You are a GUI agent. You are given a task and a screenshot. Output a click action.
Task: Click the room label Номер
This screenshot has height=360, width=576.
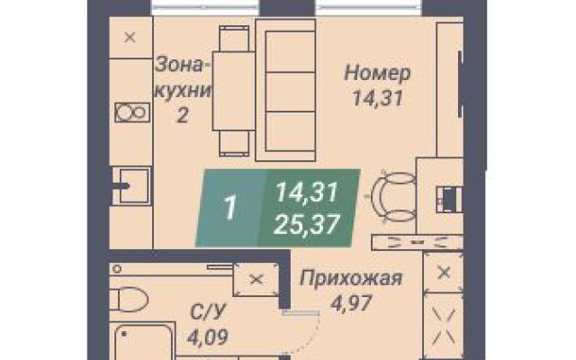click(x=378, y=73)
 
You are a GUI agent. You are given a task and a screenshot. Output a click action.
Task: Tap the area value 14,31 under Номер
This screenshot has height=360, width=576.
click(x=378, y=98)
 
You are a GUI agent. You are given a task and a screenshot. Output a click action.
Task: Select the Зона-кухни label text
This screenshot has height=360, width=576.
click(x=184, y=78)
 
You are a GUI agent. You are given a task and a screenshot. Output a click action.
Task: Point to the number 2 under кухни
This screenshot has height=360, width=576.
click(x=183, y=116)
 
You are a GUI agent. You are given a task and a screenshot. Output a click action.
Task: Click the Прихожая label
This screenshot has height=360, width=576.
click(x=351, y=279)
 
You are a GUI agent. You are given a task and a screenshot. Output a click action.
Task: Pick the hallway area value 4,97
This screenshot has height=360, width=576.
click(x=352, y=303)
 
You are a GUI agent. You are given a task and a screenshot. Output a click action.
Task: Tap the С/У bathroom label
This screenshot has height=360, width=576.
click(x=207, y=312)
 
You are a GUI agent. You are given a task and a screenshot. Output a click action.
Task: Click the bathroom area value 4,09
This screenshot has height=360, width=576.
click(x=208, y=337)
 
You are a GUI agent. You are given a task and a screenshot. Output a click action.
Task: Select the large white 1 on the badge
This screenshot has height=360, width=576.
click(x=230, y=208)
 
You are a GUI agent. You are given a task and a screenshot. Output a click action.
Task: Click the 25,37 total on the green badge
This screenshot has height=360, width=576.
click(x=306, y=225)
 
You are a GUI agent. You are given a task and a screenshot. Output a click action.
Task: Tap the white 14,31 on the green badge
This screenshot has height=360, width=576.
click(x=306, y=193)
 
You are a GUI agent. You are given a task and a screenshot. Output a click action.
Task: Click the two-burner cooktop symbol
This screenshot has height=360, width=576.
click(x=132, y=112)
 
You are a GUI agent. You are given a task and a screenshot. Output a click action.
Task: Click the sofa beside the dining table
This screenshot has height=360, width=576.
click(x=286, y=90)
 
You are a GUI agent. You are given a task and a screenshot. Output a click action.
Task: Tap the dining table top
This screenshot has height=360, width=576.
click(x=234, y=91)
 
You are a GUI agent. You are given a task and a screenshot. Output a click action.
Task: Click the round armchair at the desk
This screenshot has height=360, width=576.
click(x=394, y=196)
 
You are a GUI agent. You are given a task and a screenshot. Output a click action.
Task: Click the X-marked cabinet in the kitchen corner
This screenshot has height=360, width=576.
click(x=130, y=38)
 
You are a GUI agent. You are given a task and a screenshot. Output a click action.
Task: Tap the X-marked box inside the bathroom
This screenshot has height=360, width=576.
click(x=256, y=280)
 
